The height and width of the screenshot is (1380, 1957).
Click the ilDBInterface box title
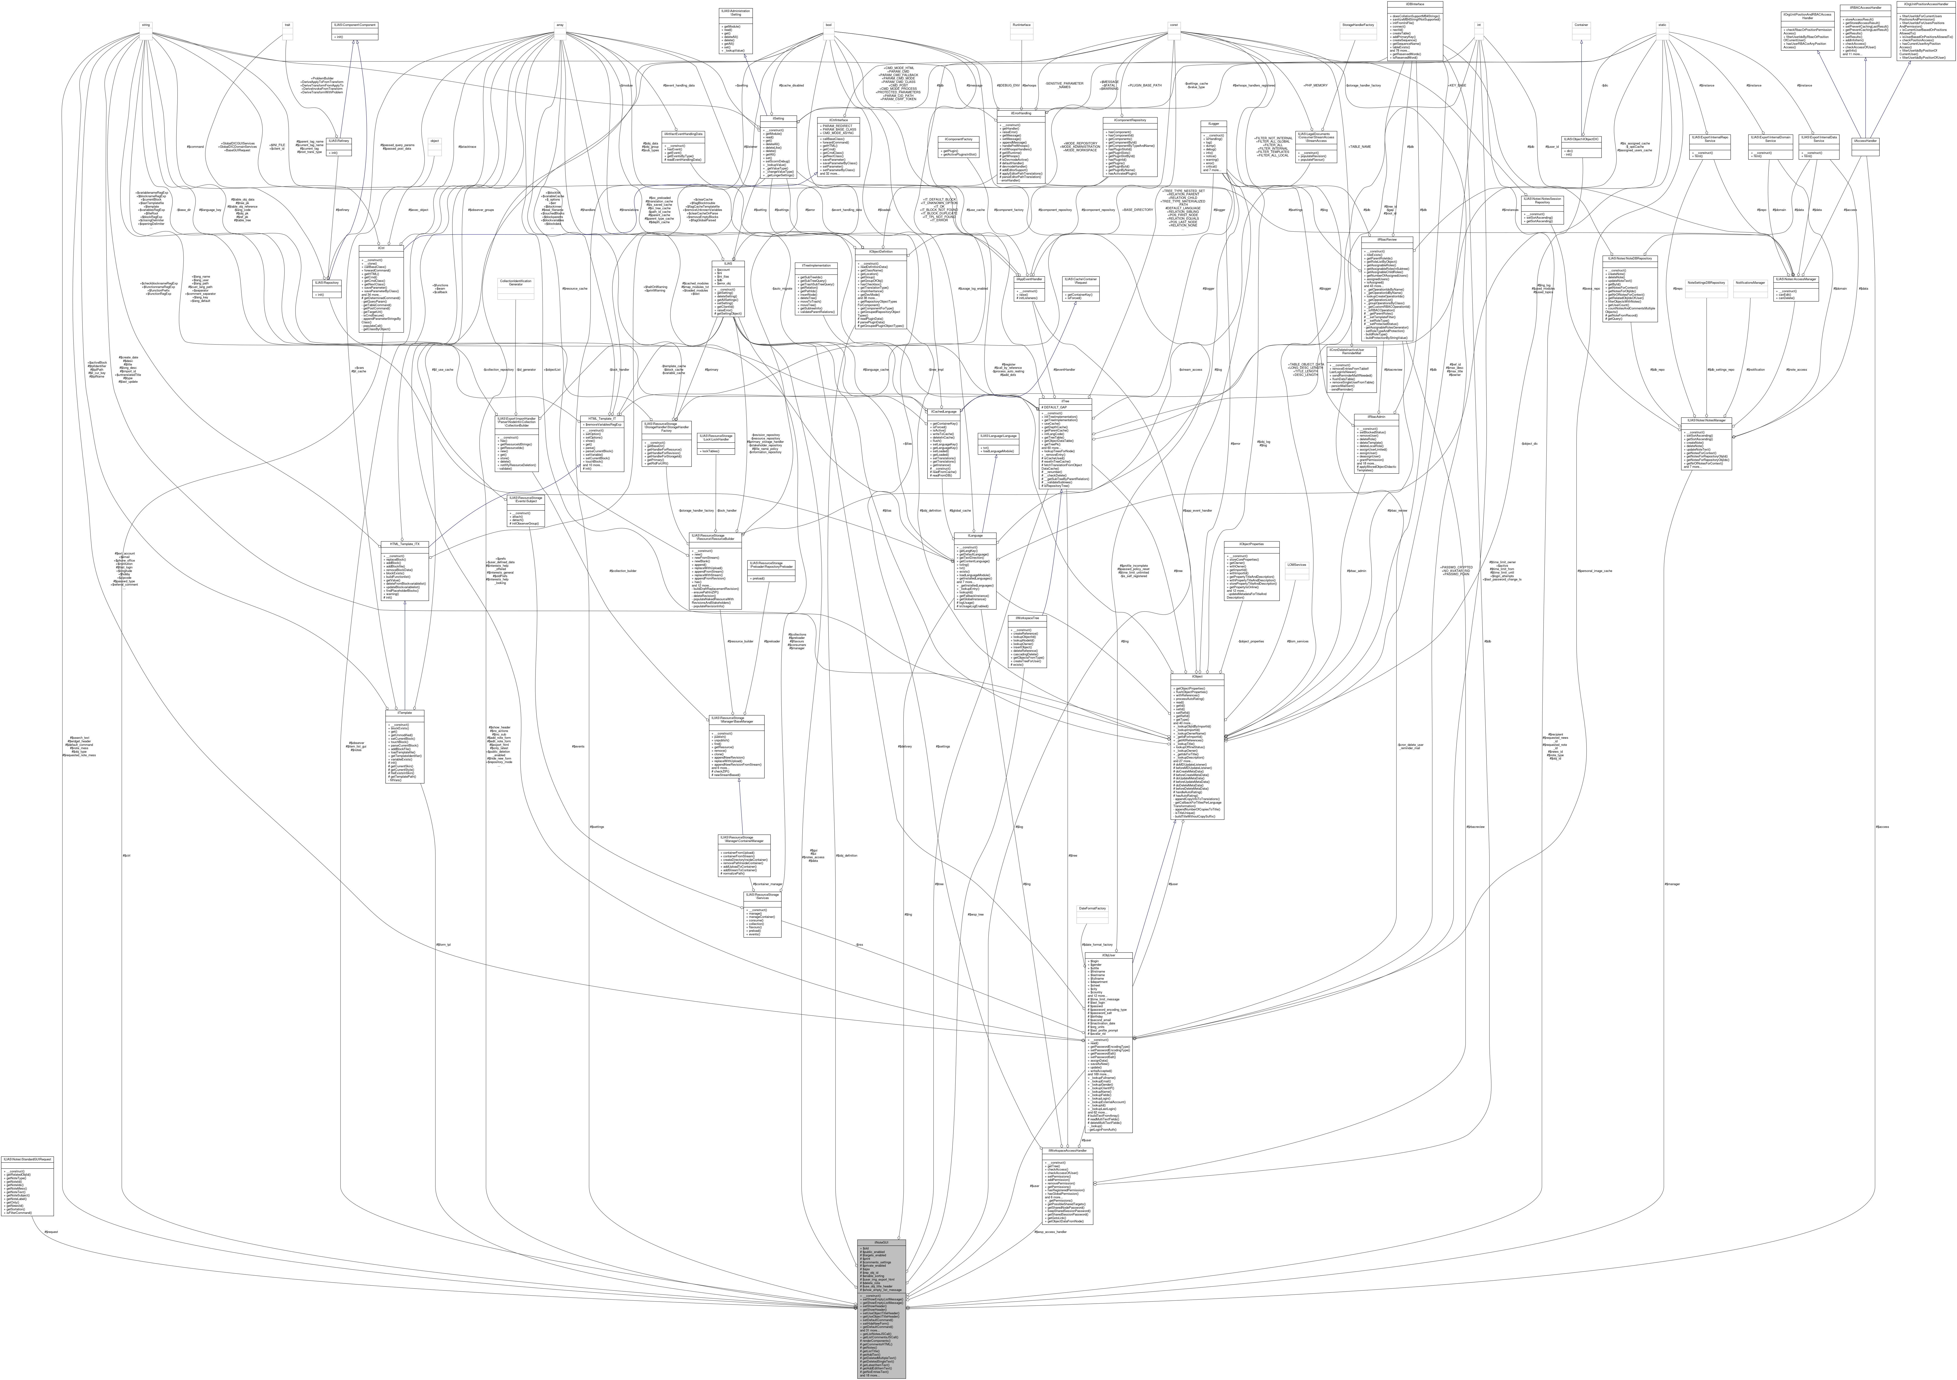point(1415,4)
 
